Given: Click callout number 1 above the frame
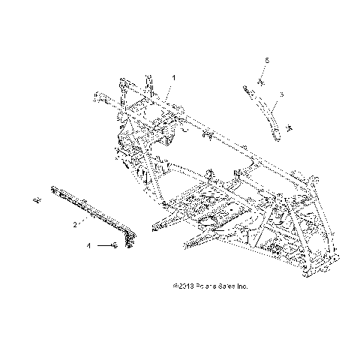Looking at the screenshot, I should [x=173, y=78].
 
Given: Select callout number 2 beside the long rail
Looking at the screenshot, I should [x=74, y=223].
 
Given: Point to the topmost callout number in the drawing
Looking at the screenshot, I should [x=265, y=58].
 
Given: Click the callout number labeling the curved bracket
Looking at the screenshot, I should [x=280, y=94].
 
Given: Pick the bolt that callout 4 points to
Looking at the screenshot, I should [x=113, y=245].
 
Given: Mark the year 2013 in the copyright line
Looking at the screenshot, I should [x=185, y=286].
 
